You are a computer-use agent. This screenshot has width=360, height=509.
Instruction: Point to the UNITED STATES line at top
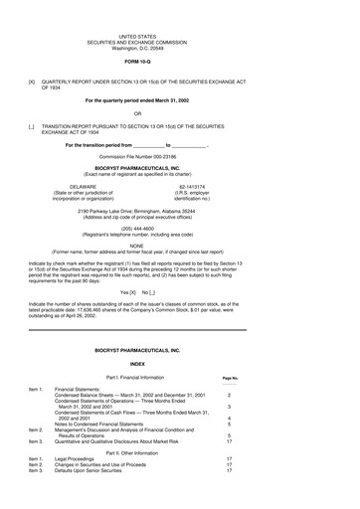pos(179,34)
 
